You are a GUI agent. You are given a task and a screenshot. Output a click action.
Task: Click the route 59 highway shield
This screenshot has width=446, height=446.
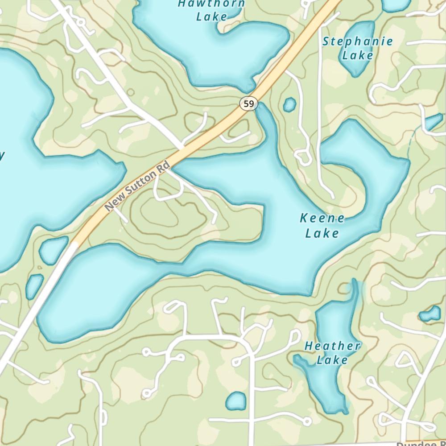click(249, 104)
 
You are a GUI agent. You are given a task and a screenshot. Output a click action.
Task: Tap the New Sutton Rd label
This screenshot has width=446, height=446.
click(138, 187)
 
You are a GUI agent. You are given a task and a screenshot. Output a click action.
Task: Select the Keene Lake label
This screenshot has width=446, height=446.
click(322, 226)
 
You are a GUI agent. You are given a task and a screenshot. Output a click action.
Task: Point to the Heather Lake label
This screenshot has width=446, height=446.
click(332, 353)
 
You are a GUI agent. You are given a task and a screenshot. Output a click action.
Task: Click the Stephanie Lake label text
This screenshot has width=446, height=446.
click(358, 48)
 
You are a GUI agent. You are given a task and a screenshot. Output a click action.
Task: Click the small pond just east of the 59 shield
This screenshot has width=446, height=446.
click(289, 105)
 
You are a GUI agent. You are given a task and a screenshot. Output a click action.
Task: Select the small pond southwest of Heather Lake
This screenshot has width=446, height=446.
click(235, 401)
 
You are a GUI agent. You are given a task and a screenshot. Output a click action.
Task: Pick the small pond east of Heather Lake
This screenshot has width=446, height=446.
click(430, 314)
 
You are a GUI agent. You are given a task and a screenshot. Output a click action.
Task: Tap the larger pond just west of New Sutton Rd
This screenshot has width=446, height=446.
click(53, 250)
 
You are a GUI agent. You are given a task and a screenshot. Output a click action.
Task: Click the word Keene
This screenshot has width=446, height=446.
click(322, 219)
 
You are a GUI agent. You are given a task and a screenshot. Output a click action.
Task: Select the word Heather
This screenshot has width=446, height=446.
click(332, 346)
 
